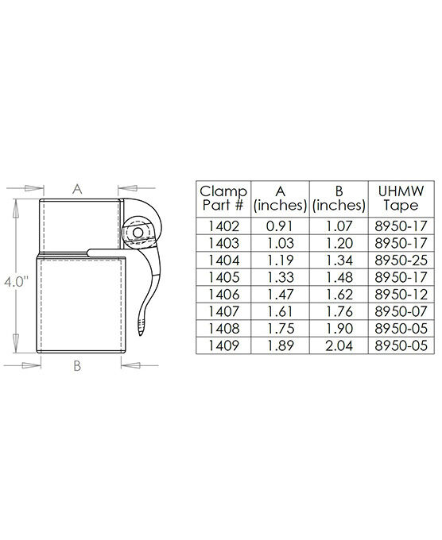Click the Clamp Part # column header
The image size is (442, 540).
tap(223, 198)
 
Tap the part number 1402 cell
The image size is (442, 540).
tap(223, 225)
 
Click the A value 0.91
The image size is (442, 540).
tap(279, 225)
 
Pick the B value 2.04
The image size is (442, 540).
tap(338, 346)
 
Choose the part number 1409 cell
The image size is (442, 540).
tap(223, 346)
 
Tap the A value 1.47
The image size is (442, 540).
tap(279, 295)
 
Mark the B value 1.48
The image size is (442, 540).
tap(338, 277)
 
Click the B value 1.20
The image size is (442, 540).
tap(338, 242)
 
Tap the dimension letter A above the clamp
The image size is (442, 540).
tap(77, 188)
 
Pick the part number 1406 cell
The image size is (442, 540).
tap(223, 295)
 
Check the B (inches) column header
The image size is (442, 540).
tap(338, 198)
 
